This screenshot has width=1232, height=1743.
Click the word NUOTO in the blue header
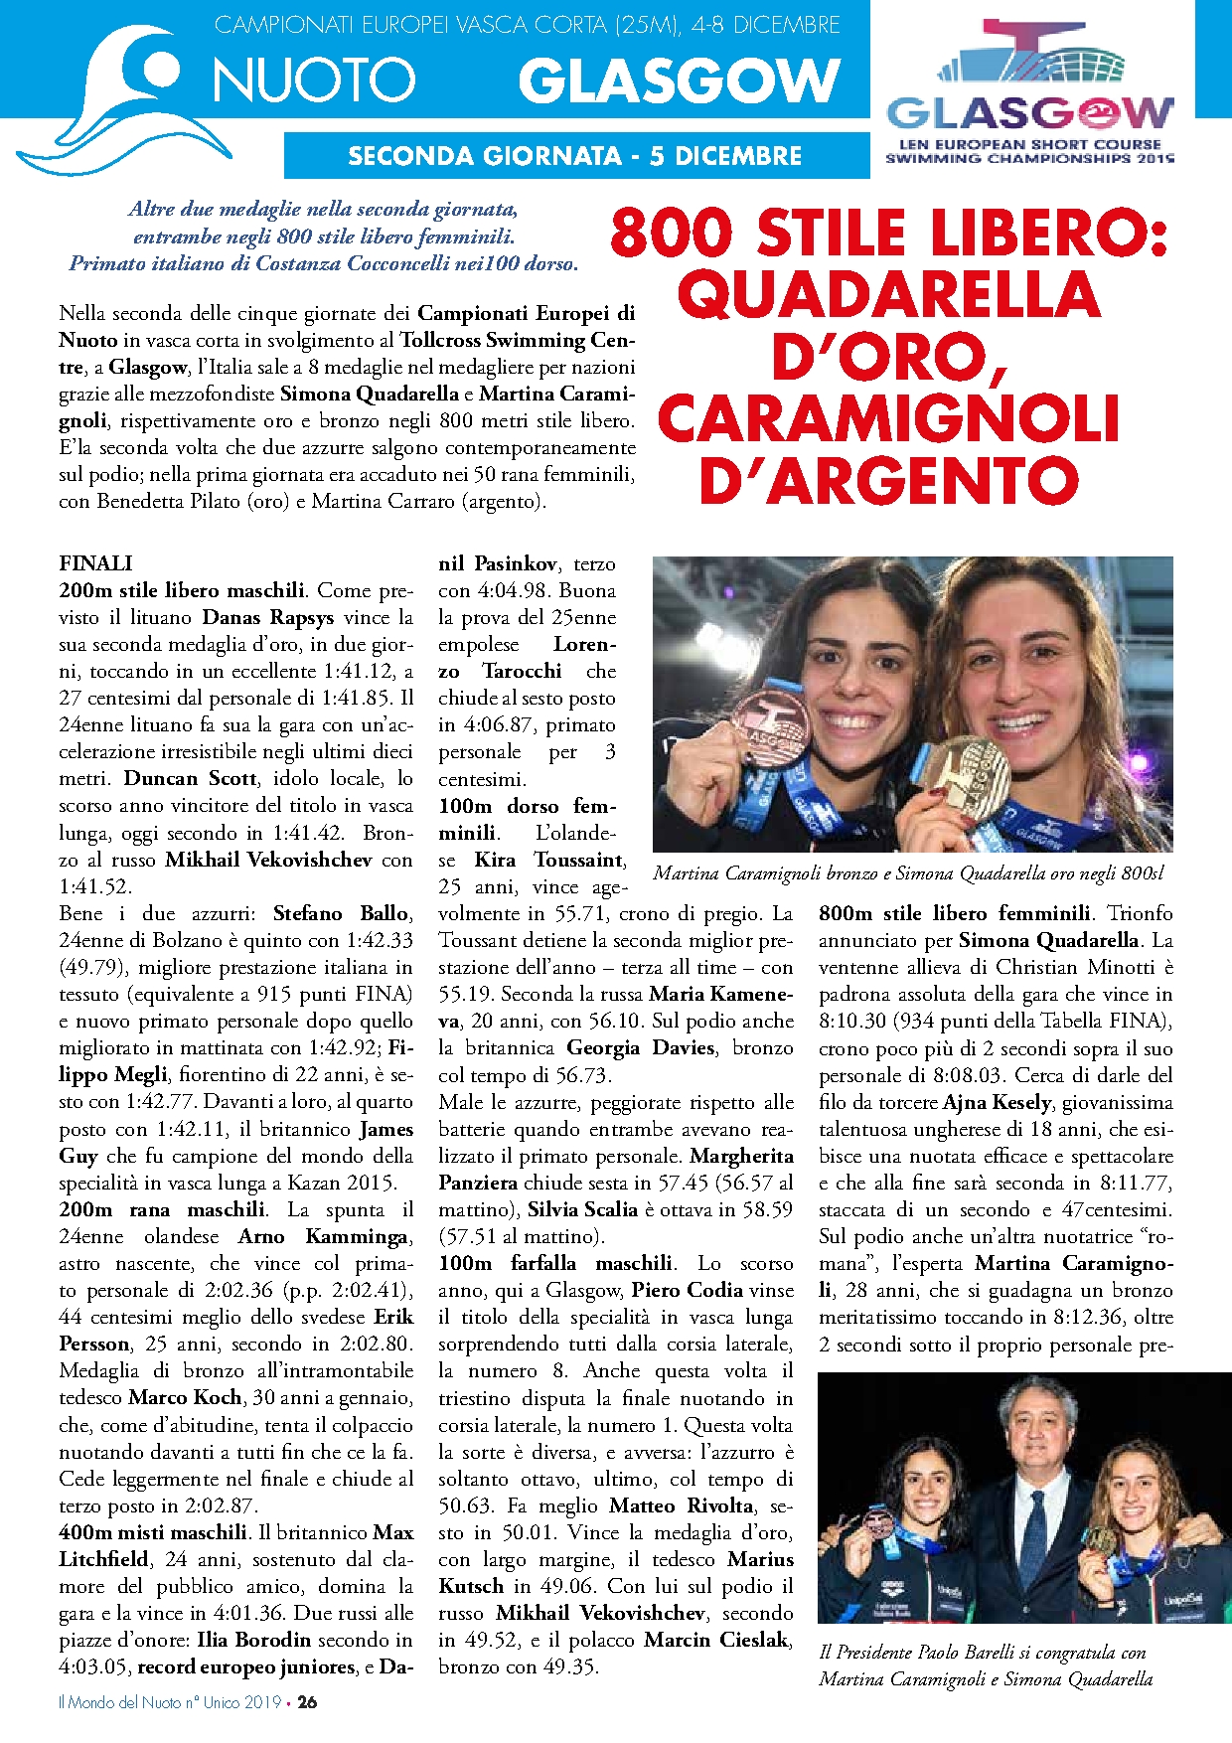314,79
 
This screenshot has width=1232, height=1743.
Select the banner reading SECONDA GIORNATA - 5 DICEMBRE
575,156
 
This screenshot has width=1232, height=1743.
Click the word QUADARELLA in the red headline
889,295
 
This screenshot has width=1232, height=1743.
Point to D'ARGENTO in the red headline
889,481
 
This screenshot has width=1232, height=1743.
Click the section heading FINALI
95,563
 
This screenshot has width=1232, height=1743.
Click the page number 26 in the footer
308,1701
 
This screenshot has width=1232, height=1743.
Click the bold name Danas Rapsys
268,617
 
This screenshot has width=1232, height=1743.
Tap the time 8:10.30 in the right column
853,1021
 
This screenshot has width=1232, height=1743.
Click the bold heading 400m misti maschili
153,1532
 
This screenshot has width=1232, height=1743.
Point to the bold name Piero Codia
688,1290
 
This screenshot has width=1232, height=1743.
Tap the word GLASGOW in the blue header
680,79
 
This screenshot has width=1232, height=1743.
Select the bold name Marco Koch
186,1397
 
